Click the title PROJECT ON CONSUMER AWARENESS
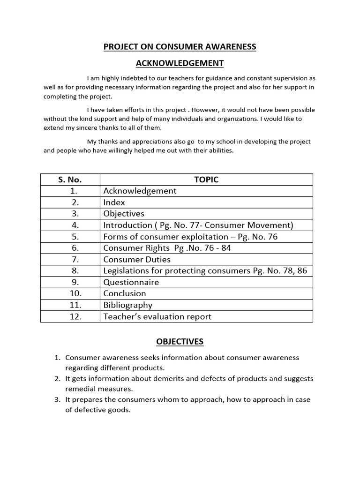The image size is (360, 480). pos(180,46)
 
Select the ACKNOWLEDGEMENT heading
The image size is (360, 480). pos(180,63)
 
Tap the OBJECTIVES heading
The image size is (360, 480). pos(180,341)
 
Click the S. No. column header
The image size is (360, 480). pos(70,180)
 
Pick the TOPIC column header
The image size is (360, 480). pos(206,180)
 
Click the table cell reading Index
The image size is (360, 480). pos(114,202)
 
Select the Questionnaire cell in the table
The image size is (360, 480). pos(131,282)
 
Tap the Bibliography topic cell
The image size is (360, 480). pos(128,305)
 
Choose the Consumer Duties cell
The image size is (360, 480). pos(137,260)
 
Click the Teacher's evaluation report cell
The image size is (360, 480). pos(157,316)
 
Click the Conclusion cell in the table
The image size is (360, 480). pos(125,293)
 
